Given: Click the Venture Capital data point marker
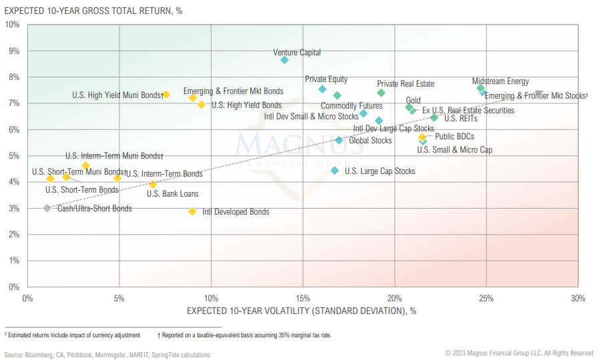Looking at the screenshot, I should (285, 60).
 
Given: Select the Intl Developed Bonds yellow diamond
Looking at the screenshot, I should (193, 211).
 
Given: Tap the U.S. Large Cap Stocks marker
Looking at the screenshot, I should (335, 171).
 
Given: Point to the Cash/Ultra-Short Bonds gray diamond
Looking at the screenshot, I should (47, 208).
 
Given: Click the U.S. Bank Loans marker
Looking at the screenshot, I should (153, 185).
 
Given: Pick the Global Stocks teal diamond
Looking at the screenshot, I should (339, 140).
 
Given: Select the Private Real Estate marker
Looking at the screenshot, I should (381, 93).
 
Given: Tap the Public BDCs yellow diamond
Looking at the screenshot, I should (422, 137).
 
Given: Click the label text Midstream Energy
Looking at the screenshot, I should (500, 81).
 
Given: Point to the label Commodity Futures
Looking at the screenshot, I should (352, 106).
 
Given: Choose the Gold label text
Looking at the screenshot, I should (413, 100).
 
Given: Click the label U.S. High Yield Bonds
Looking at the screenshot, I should (246, 105).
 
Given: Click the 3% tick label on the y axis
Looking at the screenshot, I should (14, 208).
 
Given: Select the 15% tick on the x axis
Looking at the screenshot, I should (303, 297).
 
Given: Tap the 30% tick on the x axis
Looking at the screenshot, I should (578, 297).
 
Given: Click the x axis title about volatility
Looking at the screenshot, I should (302, 311).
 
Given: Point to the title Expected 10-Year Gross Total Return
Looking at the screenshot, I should (93, 9).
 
